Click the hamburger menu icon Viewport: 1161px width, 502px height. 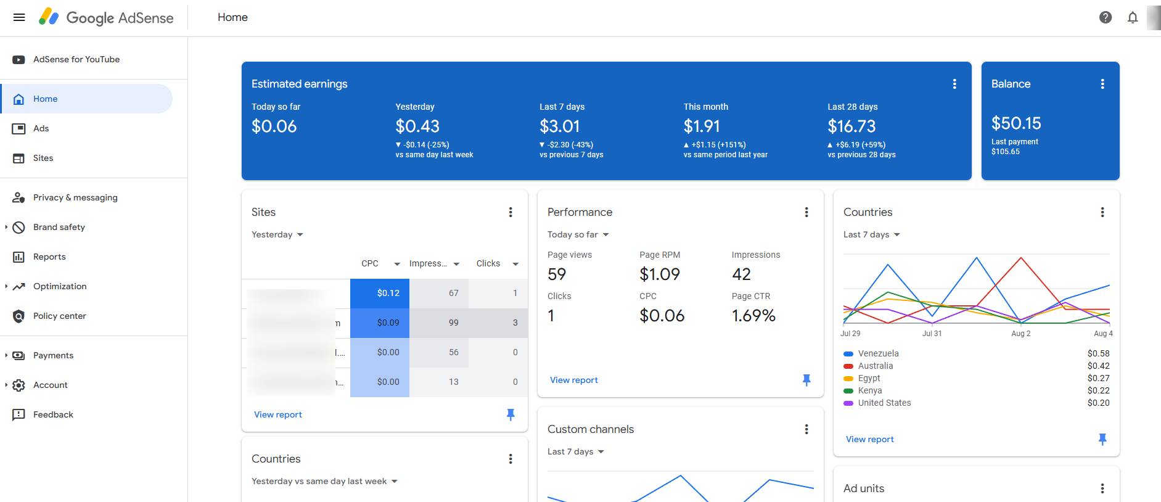pos(19,17)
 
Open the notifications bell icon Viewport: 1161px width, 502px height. pos(1133,17)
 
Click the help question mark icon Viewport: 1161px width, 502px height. pos(1106,17)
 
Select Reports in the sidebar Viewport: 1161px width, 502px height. pos(49,257)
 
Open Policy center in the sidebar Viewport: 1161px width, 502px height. pos(59,316)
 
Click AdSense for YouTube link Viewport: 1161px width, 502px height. pos(76,59)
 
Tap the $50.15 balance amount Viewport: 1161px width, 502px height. pos(1016,123)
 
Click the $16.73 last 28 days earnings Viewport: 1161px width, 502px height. pos(851,126)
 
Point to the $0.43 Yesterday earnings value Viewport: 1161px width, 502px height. pos(417,126)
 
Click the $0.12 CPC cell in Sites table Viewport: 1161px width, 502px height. pos(388,293)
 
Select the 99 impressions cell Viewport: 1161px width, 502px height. pos(453,323)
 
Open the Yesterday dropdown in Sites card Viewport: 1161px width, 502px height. pos(277,234)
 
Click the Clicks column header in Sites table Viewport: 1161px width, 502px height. pos(488,263)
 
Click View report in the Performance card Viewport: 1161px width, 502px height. pos(573,380)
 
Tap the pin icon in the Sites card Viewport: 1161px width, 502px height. pos(511,414)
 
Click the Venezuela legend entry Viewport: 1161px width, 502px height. pos(878,353)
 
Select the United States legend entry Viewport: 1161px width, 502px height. pos(884,403)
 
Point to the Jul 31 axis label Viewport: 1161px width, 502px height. pos(932,333)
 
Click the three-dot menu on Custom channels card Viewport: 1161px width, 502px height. pos(806,429)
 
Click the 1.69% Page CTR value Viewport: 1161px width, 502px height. pos(753,316)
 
